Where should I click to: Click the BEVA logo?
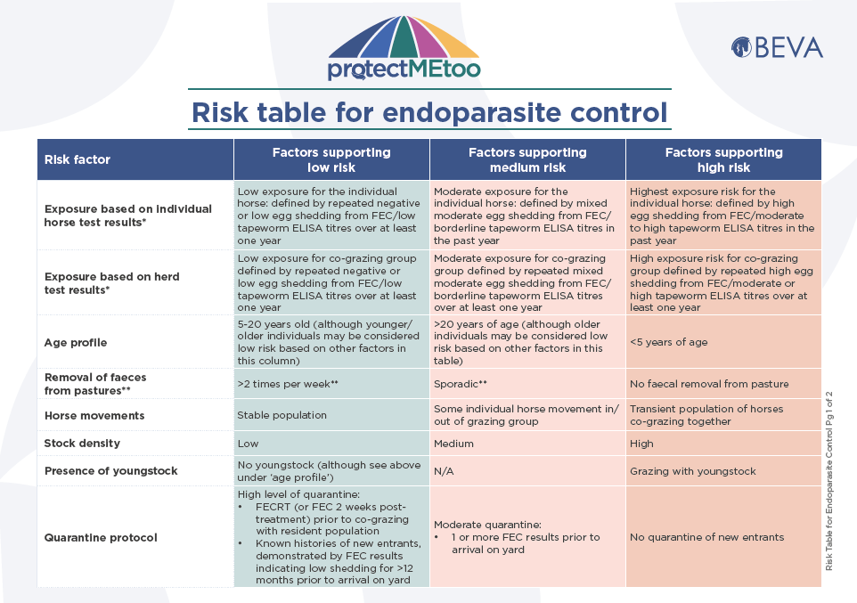pos(777,47)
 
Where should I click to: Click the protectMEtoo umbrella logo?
pos(404,48)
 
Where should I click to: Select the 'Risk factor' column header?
pos(78,159)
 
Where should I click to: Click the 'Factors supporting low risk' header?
pos(331,159)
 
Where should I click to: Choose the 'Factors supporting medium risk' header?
pos(527,159)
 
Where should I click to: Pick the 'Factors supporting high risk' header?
pos(723,159)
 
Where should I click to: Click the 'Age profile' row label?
pos(76,343)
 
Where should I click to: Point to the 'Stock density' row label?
pos(82,444)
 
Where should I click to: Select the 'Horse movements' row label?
pos(94,415)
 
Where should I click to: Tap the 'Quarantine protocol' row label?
pos(101,537)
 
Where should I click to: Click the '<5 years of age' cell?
pos(668,342)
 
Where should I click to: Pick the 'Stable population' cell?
pos(282,415)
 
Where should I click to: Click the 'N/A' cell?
pos(444,470)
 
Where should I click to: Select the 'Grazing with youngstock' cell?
pos(692,471)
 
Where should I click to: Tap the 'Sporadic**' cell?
pos(461,384)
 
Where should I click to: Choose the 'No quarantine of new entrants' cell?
pos(706,537)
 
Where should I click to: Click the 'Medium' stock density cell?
pos(453,444)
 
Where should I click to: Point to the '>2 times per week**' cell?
pos(288,384)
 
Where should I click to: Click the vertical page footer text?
pos(829,481)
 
